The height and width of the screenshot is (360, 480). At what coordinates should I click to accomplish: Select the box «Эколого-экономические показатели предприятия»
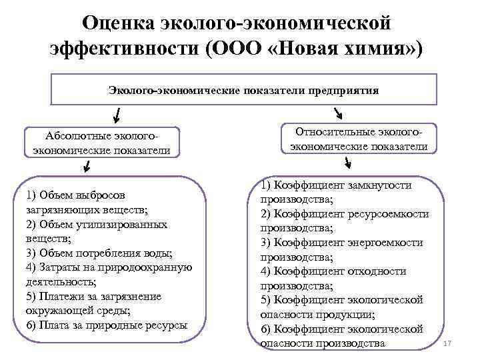244,90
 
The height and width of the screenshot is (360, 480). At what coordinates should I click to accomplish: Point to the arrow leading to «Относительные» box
337,115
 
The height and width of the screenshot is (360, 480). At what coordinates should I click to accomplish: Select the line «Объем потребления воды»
99,253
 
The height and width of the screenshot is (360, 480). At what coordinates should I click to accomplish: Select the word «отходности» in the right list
381,271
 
